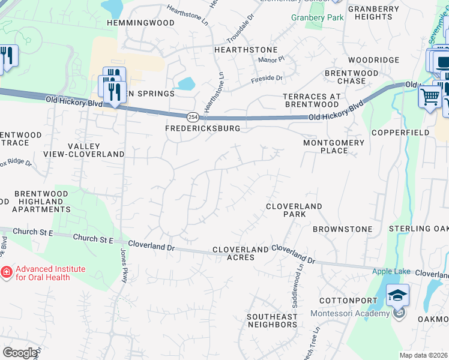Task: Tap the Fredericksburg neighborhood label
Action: (x=203, y=128)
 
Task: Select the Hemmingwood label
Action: (x=140, y=23)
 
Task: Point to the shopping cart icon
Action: (x=430, y=96)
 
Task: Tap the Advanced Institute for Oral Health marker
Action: (x=7, y=273)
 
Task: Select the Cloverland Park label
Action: (x=294, y=210)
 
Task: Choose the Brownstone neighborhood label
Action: (x=342, y=229)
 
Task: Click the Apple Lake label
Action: (x=391, y=271)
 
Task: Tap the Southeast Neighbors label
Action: (x=273, y=320)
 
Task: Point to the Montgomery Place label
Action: (x=334, y=146)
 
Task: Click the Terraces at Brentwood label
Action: (x=312, y=100)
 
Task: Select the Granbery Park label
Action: (x=318, y=17)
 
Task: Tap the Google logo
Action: (x=20, y=353)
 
